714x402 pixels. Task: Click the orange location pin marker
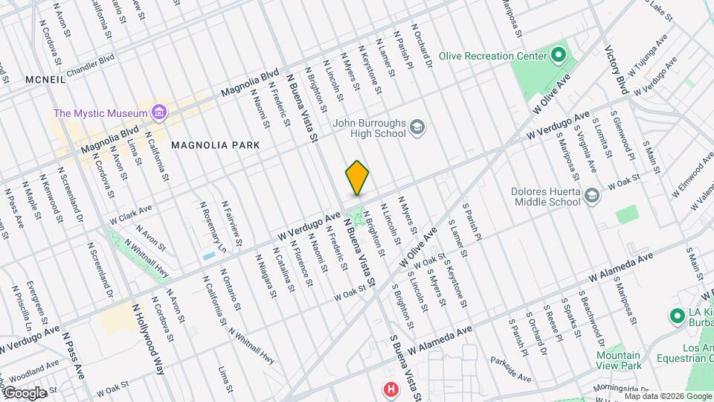[x=358, y=177]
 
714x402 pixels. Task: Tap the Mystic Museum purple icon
[x=158, y=113]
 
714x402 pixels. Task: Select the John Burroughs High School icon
[x=418, y=128]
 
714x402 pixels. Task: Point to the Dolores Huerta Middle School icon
[x=592, y=196]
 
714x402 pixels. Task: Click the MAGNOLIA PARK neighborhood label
[x=216, y=145]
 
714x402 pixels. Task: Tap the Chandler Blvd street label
[x=91, y=65]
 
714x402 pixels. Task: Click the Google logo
[x=25, y=392]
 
